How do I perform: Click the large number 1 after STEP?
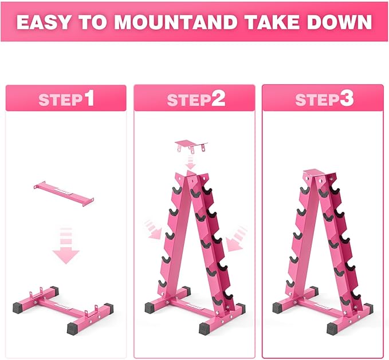[89, 98]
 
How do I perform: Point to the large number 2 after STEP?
[218, 98]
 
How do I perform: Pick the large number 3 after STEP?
[347, 98]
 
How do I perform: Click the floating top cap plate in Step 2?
[191, 145]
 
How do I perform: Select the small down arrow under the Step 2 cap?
[191, 163]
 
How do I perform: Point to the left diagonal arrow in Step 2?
[152, 230]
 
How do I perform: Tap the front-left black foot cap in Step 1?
[18, 307]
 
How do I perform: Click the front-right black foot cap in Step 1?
[73, 329]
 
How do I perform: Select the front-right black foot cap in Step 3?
[333, 329]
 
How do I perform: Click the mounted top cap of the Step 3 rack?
[315, 173]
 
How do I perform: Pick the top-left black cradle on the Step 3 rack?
[305, 190]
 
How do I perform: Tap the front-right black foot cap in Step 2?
[205, 329]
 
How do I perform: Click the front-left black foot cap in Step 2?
[150, 307]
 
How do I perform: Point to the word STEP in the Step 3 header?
[317, 100]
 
